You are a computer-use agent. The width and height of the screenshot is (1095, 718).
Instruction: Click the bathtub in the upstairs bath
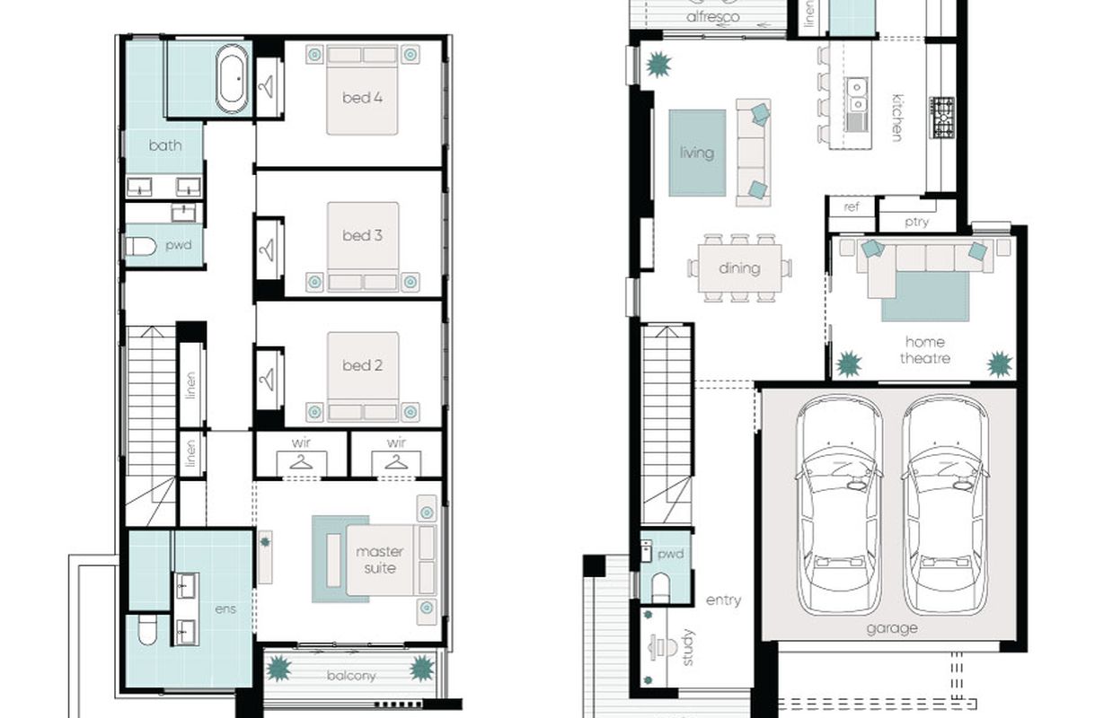[x=232, y=80]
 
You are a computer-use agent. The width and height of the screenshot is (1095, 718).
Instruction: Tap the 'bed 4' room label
[x=362, y=98]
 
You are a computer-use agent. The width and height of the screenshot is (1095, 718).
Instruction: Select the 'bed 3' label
[x=362, y=235]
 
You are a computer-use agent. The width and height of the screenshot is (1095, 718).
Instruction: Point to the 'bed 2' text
[x=362, y=365]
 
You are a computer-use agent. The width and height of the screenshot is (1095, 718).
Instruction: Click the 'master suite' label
[x=379, y=560]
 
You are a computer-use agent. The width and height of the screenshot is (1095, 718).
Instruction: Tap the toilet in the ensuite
[x=146, y=629]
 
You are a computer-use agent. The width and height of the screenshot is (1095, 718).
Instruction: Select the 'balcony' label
[x=351, y=676]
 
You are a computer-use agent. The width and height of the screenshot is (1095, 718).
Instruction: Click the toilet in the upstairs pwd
[x=141, y=246]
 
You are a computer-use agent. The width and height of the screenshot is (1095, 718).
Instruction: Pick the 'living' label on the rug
[x=697, y=153]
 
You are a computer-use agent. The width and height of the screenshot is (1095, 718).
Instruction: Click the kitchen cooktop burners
[x=942, y=118]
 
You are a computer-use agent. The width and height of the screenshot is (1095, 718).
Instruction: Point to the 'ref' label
[x=852, y=207]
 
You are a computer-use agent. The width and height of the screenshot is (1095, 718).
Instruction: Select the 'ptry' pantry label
[x=916, y=223]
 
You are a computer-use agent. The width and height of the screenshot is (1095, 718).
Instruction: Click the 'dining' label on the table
[x=739, y=268]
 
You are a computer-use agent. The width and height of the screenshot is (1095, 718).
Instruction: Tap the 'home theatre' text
[x=925, y=350]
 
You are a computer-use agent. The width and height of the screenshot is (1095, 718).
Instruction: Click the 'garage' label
[x=892, y=628]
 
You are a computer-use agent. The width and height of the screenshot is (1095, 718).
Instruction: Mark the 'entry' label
[x=723, y=600]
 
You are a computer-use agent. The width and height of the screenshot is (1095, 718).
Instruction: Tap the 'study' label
[x=687, y=647]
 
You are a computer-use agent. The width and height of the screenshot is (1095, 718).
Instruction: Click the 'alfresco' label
[x=712, y=17]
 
